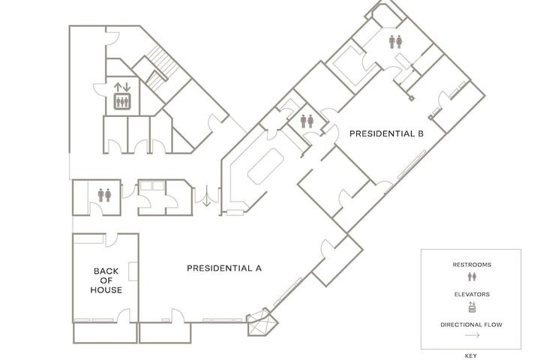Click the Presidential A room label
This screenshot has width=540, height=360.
(224, 268)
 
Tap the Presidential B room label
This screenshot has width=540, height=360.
(386, 133)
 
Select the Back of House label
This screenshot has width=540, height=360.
(106, 280)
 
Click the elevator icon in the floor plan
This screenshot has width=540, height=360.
(122, 101)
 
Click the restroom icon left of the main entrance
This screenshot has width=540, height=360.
(104, 195)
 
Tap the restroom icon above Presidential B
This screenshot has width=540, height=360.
(396, 42)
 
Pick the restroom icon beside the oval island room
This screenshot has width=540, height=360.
(307, 121)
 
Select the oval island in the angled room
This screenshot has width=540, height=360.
(265, 166)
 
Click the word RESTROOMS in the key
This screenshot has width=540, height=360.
(472, 265)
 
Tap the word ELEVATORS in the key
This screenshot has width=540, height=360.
(472, 295)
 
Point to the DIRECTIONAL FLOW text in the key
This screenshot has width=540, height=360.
(472, 325)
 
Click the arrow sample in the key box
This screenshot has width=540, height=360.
(472, 335)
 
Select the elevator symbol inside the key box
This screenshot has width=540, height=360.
(472, 307)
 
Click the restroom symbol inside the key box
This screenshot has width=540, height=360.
(472, 276)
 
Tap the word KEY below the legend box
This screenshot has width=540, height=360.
(471, 356)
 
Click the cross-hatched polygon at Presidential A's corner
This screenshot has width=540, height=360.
(262, 322)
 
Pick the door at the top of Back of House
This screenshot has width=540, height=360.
(112, 240)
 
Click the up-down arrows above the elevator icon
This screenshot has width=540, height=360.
(122, 87)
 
